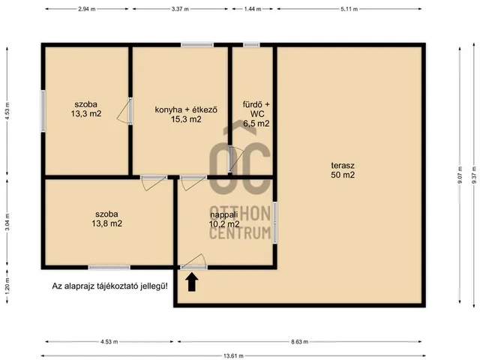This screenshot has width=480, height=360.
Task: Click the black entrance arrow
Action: [192, 282]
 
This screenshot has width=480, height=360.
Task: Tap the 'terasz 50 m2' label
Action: [342, 170]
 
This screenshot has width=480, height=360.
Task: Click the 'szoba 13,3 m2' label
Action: [86, 109]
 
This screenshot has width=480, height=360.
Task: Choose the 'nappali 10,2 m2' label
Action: [224, 218]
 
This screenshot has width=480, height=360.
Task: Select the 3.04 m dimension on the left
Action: [7, 222]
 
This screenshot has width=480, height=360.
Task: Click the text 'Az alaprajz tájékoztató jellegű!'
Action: [109, 286]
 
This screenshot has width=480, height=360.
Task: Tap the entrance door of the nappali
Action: [194, 262]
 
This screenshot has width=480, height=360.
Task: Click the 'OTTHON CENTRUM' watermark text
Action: [240, 223]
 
